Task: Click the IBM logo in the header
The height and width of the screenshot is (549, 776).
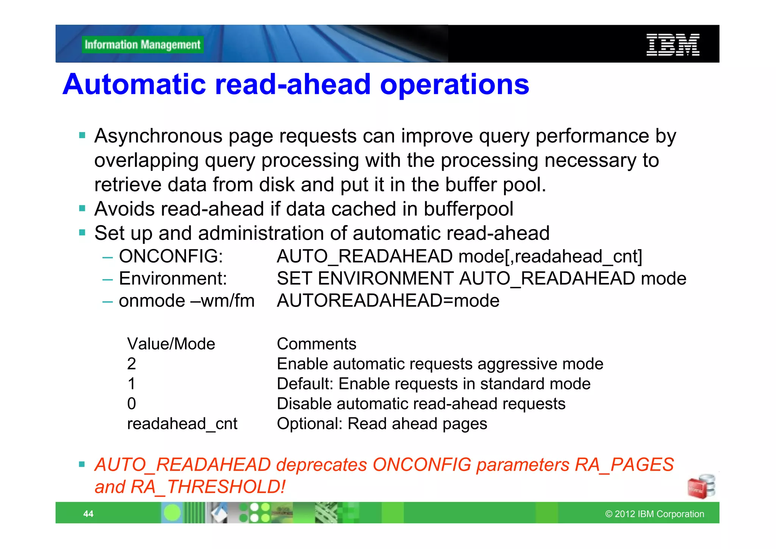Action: pyautogui.click(x=673, y=45)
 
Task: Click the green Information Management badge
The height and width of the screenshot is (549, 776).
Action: pyautogui.click(x=142, y=45)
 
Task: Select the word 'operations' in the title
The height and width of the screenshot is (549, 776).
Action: pyautogui.click(x=454, y=84)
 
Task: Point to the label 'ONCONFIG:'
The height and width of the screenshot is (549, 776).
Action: pyautogui.click(x=171, y=256)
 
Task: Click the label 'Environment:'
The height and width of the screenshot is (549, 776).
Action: pyautogui.click(x=173, y=278)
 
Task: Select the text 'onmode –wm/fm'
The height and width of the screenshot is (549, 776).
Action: pyautogui.click(x=186, y=301)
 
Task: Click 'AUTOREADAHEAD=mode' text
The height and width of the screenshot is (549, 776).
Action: pyautogui.click(x=388, y=301)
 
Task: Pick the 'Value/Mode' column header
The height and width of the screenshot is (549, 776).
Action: pyautogui.click(x=171, y=344)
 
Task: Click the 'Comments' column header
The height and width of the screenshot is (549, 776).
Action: pyautogui.click(x=316, y=344)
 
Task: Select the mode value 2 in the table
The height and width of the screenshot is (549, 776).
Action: pyautogui.click(x=131, y=364)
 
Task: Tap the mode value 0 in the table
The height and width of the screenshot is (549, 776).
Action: pyautogui.click(x=131, y=404)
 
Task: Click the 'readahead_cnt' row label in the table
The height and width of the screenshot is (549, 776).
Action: pyautogui.click(x=182, y=424)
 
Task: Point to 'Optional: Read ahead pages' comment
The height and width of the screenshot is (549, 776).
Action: pyautogui.click(x=382, y=424)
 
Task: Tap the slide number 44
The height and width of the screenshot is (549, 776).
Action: pyautogui.click(x=88, y=514)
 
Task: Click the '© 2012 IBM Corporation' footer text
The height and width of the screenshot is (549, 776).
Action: pyautogui.click(x=654, y=514)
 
